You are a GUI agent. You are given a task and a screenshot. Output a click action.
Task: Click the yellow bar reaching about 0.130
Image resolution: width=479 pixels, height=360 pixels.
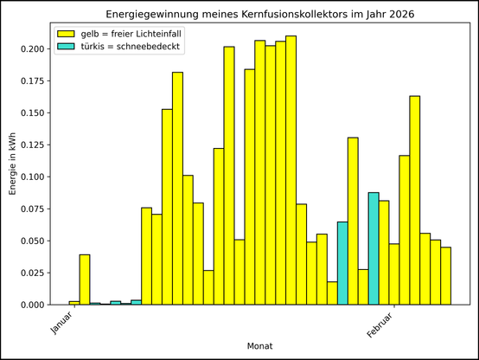tap(353, 221)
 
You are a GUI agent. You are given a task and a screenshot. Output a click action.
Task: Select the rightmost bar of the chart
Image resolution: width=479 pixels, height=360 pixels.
tap(445, 276)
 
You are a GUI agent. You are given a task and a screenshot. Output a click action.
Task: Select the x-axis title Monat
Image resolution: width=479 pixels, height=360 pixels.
tap(260, 346)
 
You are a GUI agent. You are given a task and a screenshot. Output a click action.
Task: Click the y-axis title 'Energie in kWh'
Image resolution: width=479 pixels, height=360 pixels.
tap(13, 164)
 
